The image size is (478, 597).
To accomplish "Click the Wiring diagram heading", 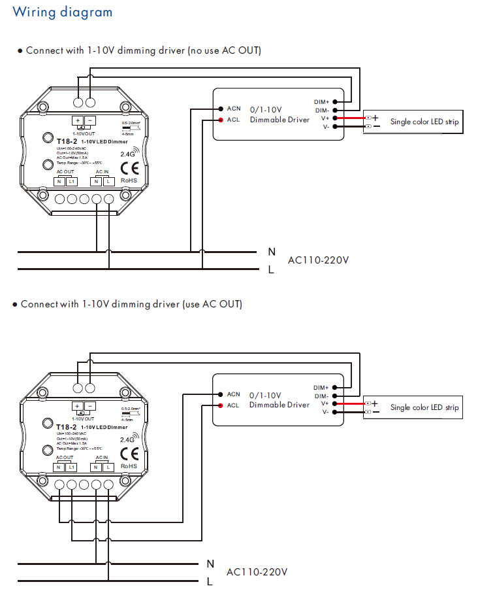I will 63,12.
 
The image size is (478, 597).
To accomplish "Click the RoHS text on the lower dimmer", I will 128,466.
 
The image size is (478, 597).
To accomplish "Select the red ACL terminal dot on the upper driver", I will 221,120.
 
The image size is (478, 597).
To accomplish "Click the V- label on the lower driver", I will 325,412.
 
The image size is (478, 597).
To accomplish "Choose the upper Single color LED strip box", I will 413,122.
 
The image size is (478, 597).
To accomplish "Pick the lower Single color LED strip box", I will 413,407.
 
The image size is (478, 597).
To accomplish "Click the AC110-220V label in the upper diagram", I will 319,260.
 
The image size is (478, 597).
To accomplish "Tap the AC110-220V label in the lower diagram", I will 257,572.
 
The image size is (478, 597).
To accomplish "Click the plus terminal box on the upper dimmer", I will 77,120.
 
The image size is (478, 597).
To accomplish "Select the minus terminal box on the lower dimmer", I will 89,406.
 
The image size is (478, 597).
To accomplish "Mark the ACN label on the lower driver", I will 234,394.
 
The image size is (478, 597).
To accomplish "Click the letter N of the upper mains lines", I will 271,251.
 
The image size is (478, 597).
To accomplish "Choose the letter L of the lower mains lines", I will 210,581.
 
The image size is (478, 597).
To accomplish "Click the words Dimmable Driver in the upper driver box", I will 279,120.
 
